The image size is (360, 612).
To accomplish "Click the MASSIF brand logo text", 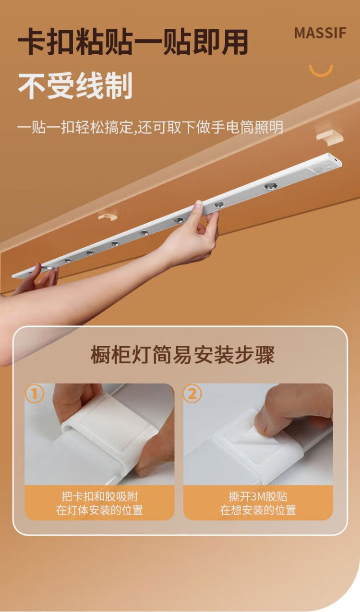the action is [320, 33].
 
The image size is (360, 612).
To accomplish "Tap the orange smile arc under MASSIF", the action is [321, 72].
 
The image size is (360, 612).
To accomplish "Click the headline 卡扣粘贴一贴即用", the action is [133, 43].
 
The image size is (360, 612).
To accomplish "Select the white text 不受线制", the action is [75, 85].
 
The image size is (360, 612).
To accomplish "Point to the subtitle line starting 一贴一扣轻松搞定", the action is [150, 127].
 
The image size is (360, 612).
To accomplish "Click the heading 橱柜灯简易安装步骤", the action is [182, 355].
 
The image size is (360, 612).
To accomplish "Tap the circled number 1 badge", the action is [35, 394].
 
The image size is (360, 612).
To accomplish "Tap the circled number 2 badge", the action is [192, 394].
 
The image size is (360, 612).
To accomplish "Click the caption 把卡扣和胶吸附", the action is [100, 496].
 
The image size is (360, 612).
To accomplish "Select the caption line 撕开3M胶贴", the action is [258, 496].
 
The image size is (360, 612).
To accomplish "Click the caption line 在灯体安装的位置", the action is [99, 510].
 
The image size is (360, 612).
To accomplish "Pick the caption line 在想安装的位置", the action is [258, 510].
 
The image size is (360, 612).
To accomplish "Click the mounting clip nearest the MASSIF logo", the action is [330, 136].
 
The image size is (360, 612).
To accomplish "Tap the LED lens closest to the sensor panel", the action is [270, 186].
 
